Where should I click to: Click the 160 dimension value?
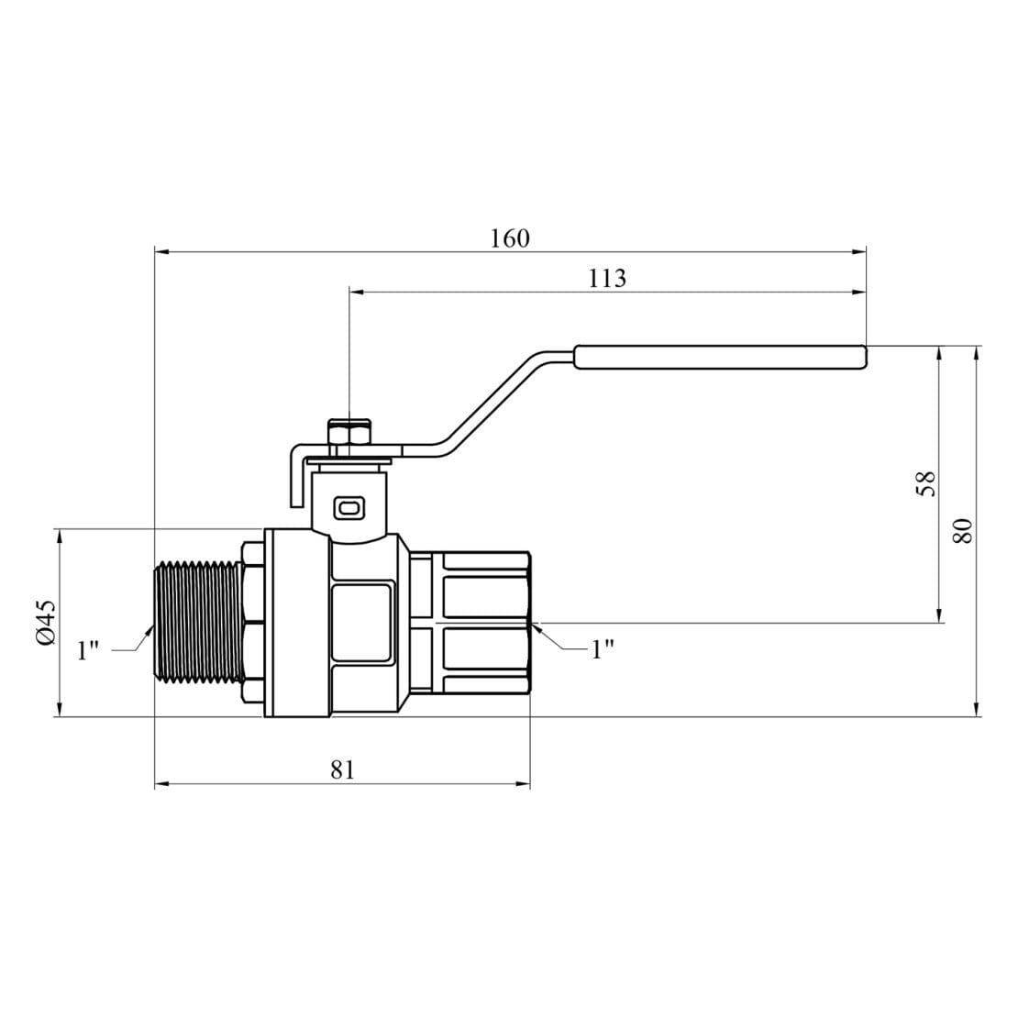[x=509, y=238]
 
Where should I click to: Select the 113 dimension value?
[x=606, y=279]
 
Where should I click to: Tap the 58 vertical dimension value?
[x=927, y=483]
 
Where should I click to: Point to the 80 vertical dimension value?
[x=962, y=531]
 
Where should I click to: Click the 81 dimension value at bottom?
[x=341, y=769]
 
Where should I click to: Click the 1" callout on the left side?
[x=88, y=650]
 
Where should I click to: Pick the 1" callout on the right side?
[x=602, y=649]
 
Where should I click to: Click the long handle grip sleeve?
[x=720, y=358]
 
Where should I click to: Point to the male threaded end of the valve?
[x=197, y=623]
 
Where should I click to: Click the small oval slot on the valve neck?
[x=350, y=505]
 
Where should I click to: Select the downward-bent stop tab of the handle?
[x=295, y=477]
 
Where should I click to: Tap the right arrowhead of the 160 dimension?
[x=859, y=250]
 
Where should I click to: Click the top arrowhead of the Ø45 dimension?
[x=60, y=536]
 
